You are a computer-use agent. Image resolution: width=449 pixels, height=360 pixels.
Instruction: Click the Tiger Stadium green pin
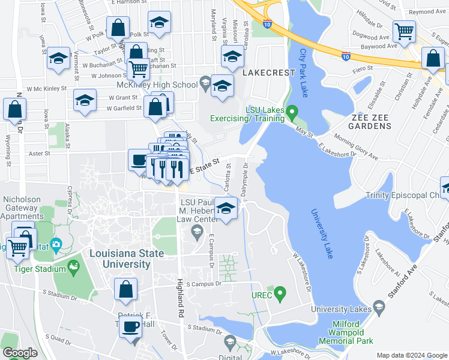click(74, 266)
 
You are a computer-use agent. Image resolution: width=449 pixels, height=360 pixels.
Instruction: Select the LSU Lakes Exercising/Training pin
click(292, 112)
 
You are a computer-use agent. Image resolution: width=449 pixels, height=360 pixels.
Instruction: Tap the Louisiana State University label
click(127, 259)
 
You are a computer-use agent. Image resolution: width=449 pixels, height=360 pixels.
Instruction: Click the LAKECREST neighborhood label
click(269, 73)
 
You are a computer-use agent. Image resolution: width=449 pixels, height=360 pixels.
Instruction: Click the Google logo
click(20, 353)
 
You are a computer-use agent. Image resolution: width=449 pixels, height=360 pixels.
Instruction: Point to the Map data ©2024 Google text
click(411, 355)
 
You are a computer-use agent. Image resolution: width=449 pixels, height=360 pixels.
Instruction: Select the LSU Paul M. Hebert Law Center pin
click(196, 231)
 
